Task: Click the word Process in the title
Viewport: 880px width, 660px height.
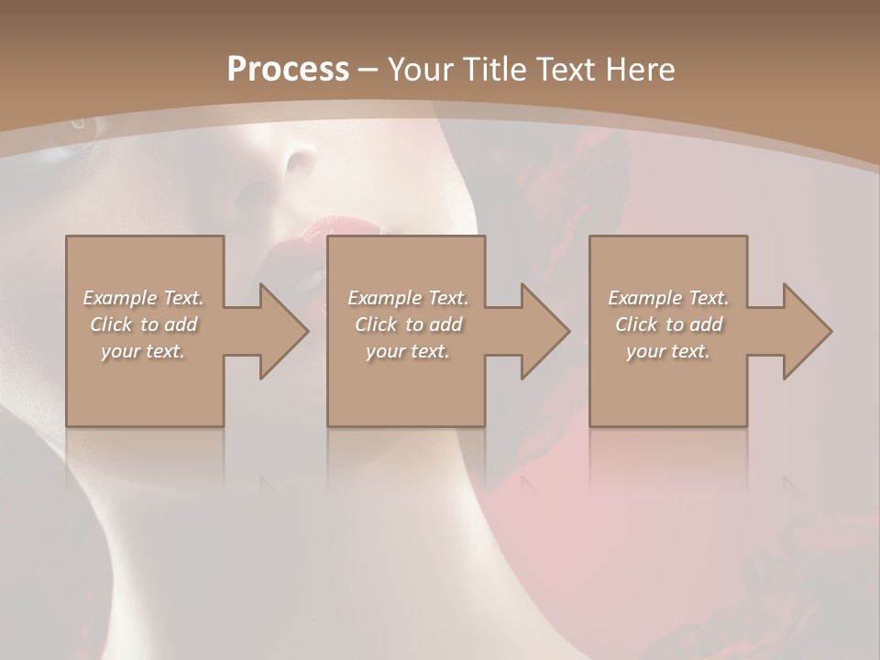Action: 288,70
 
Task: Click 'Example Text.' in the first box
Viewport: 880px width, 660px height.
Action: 144,298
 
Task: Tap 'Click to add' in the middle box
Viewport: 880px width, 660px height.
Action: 408,324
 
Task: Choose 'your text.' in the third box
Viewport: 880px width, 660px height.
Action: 668,351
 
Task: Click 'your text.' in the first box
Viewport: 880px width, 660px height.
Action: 144,351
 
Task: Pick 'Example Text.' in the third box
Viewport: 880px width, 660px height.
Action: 668,298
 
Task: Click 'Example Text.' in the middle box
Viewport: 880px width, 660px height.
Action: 408,298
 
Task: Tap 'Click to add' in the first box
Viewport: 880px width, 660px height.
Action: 144,324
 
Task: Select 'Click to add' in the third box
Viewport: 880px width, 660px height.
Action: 668,324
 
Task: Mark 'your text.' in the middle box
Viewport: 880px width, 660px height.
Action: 408,351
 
